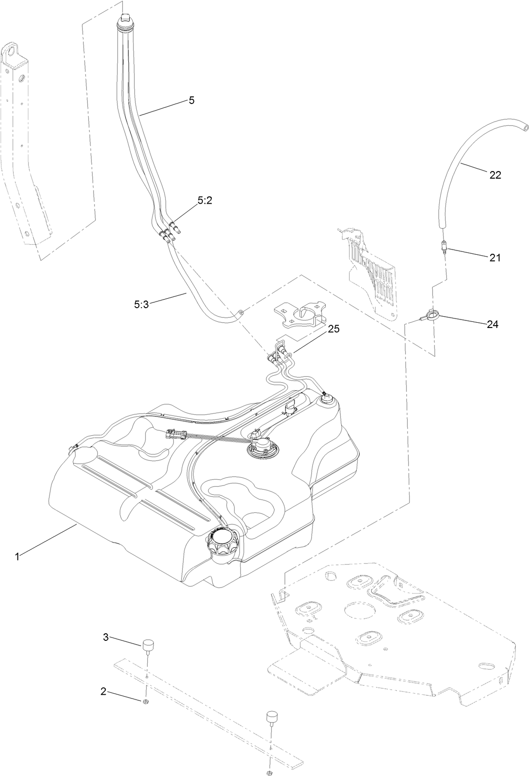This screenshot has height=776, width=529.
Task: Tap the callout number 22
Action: tap(495, 175)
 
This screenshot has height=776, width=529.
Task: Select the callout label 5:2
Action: tap(205, 200)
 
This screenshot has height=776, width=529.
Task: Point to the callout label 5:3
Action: tap(141, 305)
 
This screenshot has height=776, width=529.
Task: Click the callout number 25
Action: tap(334, 328)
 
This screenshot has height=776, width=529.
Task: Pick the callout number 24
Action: tap(492, 324)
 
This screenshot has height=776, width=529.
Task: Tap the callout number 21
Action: tap(495, 258)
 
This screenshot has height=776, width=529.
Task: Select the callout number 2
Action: tap(103, 691)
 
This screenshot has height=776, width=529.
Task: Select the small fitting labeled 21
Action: tap(444, 246)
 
